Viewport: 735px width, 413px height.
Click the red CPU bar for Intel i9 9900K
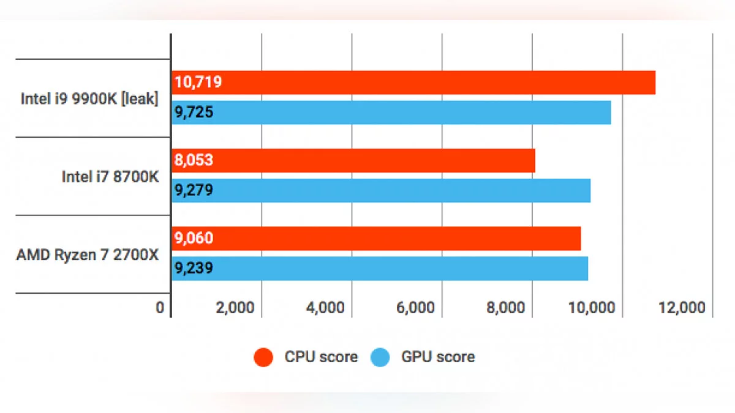(413, 83)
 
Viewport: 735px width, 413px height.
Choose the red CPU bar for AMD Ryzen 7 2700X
(376, 238)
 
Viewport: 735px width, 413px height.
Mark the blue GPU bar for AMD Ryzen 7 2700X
(380, 268)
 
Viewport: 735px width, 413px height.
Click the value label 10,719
(198, 83)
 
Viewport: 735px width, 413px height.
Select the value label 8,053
(194, 160)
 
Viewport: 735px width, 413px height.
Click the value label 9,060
(194, 238)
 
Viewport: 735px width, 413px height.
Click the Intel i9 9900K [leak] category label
(89, 99)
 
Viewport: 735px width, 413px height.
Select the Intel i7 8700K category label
(110, 177)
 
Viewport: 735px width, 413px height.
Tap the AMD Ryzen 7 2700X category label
(88, 255)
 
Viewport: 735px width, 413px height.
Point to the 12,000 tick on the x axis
(682, 307)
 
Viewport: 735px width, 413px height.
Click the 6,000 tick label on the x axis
(415, 307)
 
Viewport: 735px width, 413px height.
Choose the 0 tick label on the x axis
(160, 307)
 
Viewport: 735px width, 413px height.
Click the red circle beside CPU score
(263, 357)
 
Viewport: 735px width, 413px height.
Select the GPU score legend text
(438, 357)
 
